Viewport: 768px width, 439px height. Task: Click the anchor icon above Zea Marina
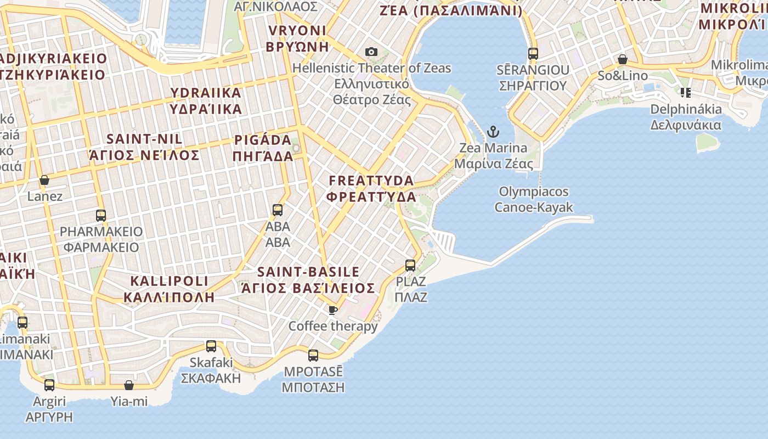493,132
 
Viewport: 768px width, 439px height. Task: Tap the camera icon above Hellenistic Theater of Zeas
371,52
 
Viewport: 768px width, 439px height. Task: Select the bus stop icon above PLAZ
410,266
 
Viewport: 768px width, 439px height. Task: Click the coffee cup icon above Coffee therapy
332,310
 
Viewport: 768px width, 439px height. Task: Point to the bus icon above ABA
278,210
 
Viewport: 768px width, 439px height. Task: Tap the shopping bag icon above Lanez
44,180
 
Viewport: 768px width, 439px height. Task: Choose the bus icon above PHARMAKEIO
101,215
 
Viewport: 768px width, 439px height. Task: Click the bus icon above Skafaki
211,346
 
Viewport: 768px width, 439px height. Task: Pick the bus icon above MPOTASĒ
313,355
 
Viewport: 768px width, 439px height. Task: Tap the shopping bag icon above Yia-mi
129,385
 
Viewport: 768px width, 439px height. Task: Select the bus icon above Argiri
49,385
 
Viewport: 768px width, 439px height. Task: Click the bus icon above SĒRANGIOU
533,54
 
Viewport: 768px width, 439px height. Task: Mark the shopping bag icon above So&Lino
623,59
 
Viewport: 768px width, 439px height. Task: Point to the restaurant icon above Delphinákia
686,93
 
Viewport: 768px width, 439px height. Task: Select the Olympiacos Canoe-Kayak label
534,199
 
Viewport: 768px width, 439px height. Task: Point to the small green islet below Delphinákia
708,143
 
